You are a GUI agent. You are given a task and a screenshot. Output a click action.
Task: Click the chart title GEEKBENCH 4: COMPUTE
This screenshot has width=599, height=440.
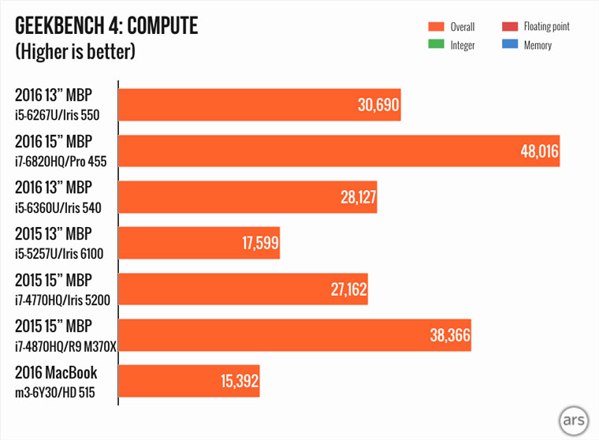point(106,27)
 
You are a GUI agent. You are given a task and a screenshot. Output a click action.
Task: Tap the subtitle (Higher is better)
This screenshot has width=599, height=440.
point(75,53)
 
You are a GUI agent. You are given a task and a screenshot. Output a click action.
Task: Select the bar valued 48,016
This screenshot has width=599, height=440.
point(339,151)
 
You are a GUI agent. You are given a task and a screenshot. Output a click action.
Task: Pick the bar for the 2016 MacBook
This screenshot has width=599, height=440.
point(189,382)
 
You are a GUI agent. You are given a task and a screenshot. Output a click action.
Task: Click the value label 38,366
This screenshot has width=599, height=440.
point(448,336)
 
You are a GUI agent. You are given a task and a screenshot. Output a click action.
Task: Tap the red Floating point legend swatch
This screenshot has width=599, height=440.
point(509,27)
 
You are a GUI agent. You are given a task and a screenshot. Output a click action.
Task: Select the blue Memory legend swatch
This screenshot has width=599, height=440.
point(509,45)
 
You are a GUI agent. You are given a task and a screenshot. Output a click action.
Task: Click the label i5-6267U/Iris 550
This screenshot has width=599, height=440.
point(60,115)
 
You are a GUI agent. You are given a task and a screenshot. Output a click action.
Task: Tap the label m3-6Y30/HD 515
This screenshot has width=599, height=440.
point(56,392)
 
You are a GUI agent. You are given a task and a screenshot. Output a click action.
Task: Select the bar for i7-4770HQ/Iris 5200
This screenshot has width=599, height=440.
point(243,289)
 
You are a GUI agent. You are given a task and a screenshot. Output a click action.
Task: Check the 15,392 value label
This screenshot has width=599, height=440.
point(237,382)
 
